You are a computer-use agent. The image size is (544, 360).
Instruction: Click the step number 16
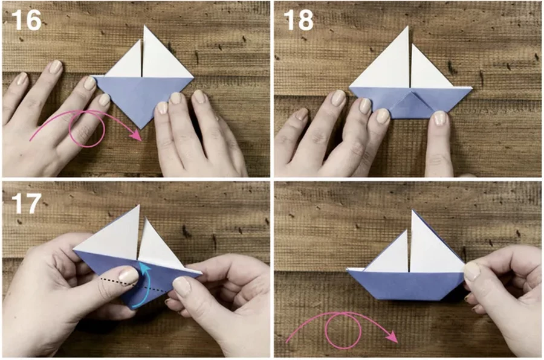tap(27, 20)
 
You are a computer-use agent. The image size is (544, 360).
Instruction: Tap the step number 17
tap(27, 204)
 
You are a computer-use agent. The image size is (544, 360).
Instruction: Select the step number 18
tap(299, 20)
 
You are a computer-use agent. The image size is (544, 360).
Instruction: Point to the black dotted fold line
tap(132, 284)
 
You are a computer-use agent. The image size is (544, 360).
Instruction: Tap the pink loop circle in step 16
tap(86, 129)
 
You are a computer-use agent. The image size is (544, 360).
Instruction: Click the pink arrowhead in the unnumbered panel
tap(392, 336)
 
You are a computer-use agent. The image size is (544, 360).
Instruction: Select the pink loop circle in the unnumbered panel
tap(343, 330)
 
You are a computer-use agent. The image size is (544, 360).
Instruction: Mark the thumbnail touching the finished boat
tap(472, 271)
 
